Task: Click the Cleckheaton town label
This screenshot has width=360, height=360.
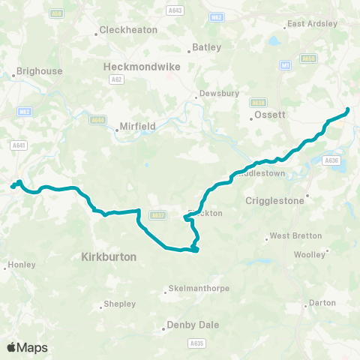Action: point(130,31)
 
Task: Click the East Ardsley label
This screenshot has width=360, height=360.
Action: point(313,24)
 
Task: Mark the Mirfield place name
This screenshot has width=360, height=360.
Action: point(136,127)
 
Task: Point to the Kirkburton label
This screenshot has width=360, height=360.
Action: point(108,256)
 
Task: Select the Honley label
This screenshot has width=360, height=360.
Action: point(21,265)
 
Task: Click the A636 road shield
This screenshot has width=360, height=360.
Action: point(331,160)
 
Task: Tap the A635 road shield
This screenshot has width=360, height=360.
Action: point(196,343)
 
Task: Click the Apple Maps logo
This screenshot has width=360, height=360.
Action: point(27,347)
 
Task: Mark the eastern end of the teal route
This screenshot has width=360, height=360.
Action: point(348,111)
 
